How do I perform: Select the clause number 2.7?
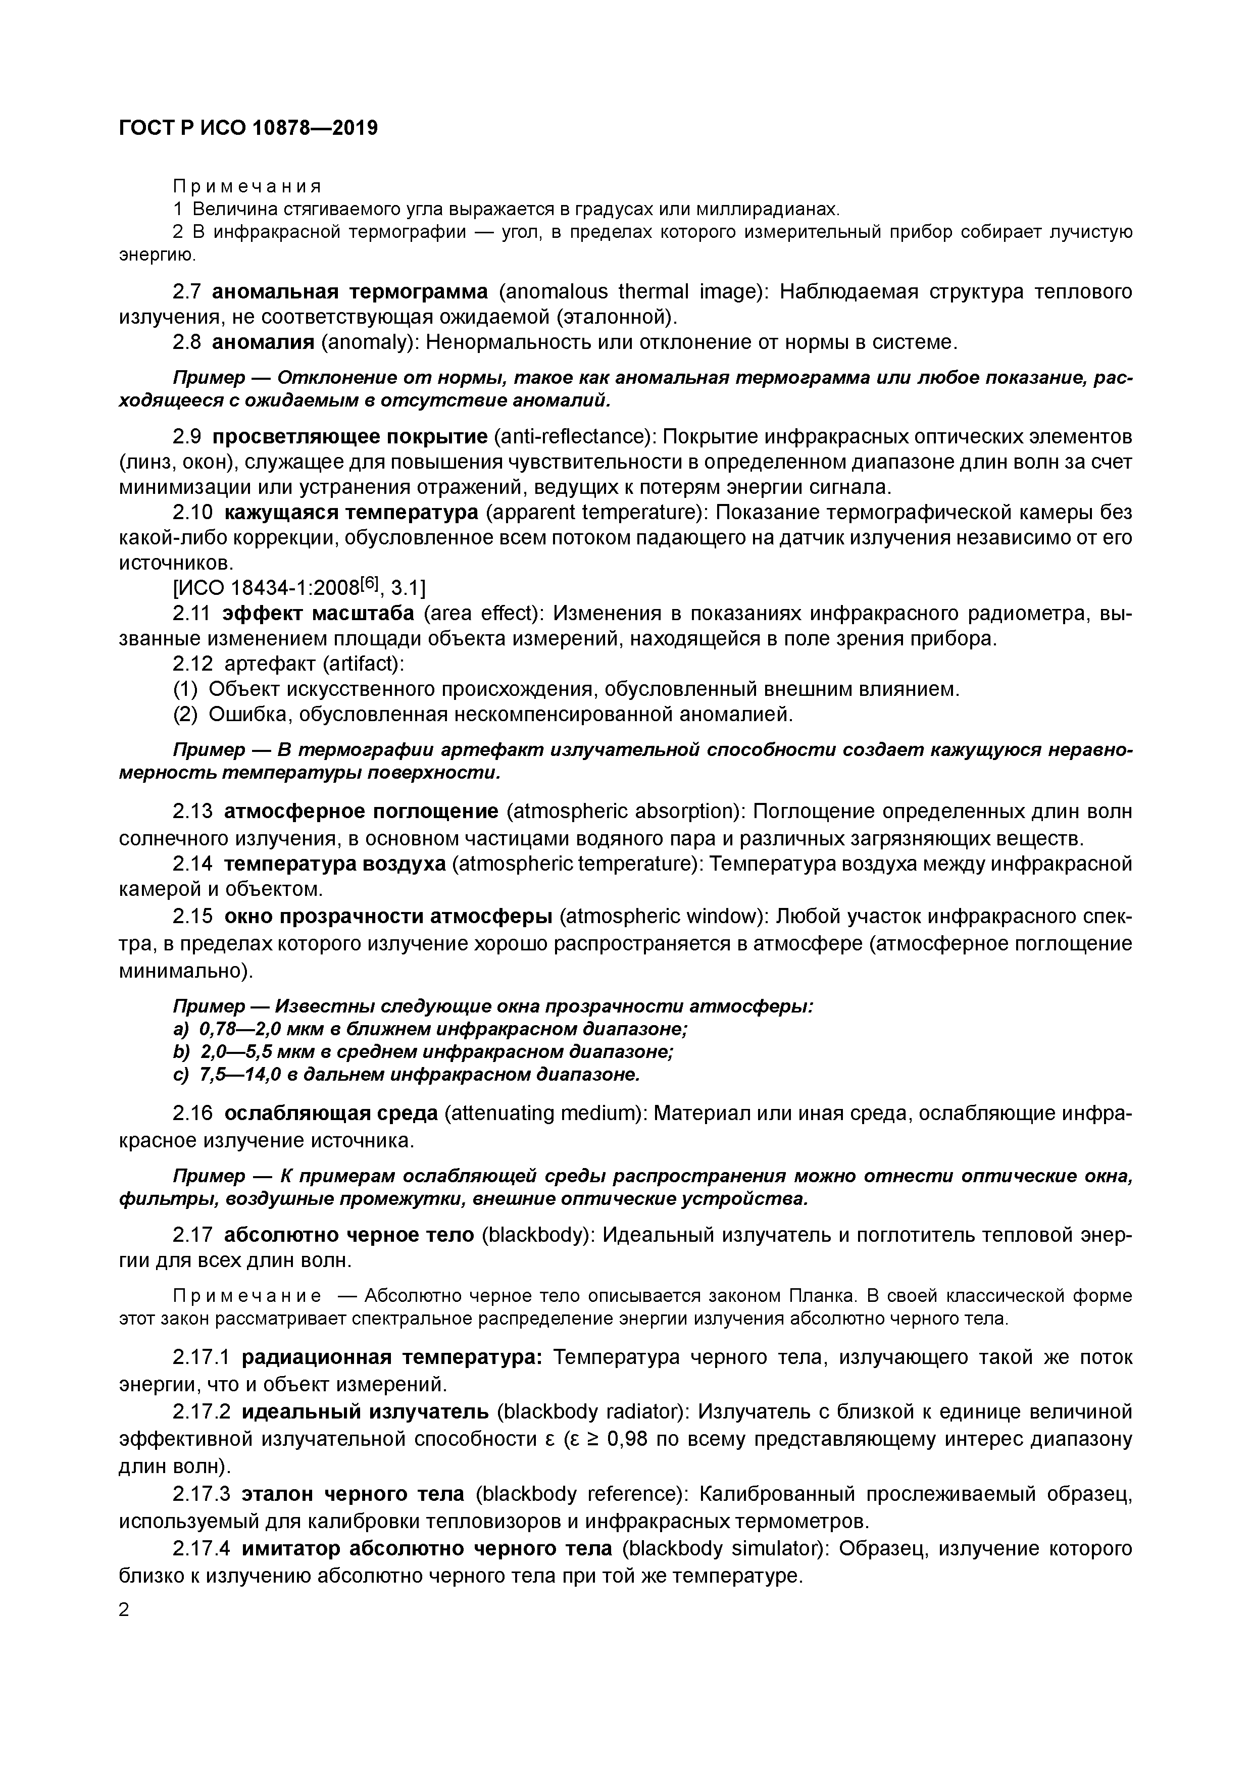pos(188,291)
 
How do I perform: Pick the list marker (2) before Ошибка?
pos(185,714)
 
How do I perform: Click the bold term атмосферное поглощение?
pos(362,812)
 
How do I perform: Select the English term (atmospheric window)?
pos(662,917)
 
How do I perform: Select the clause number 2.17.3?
pos(202,1494)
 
